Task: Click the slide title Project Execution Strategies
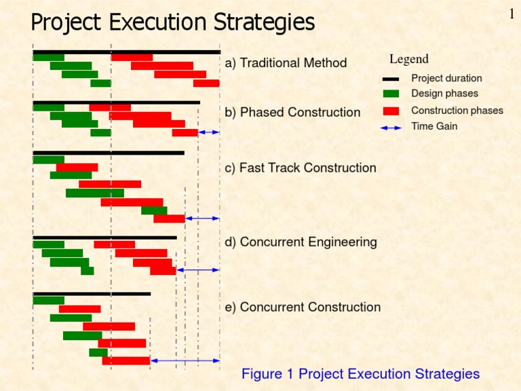click(173, 23)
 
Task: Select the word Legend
click(408, 60)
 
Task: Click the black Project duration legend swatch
click(391, 79)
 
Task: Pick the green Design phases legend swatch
click(391, 94)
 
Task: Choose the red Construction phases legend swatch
click(391, 111)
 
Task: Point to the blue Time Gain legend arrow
click(391, 127)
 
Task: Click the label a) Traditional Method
click(286, 63)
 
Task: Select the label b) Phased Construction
click(292, 112)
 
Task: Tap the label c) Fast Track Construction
click(300, 168)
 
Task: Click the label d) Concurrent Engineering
click(301, 242)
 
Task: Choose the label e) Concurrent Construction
click(303, 307)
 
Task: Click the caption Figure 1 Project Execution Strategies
click(360, 374)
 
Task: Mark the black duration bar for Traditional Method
click(126, 52)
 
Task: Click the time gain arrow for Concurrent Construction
click(185, 360)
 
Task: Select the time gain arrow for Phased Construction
click(209, 132)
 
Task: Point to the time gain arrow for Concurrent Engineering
click(198, 270)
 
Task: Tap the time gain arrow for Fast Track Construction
click(202, 219)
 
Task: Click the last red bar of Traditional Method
click(206, 83)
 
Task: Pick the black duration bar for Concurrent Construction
click(92, 294)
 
